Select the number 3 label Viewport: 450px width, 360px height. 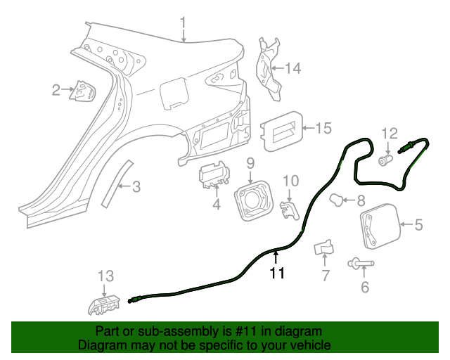136,186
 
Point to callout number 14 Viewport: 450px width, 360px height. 292,68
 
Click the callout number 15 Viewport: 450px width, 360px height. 322,128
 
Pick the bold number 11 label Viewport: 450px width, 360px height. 277,274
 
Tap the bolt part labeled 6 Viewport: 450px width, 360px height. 360,264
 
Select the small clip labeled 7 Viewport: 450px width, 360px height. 324,247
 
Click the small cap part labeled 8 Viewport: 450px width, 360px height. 340,200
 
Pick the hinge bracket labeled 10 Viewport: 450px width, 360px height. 288,209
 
